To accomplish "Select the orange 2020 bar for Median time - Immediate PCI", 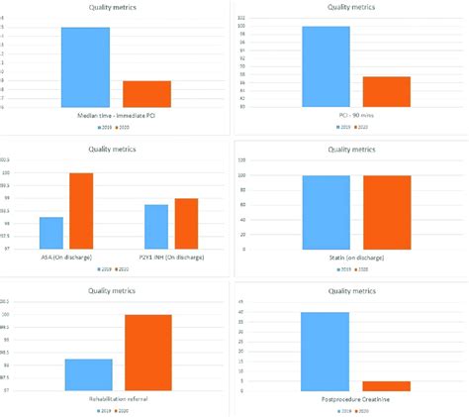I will pos(146,94).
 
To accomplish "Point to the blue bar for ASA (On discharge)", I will pos(51,233).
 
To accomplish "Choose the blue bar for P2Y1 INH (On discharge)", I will pos(155,227).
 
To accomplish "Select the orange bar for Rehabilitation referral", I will pos(147,352).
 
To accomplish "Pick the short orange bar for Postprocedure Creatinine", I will pos(386,385).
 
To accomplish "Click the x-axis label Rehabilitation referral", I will pos(118,398).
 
